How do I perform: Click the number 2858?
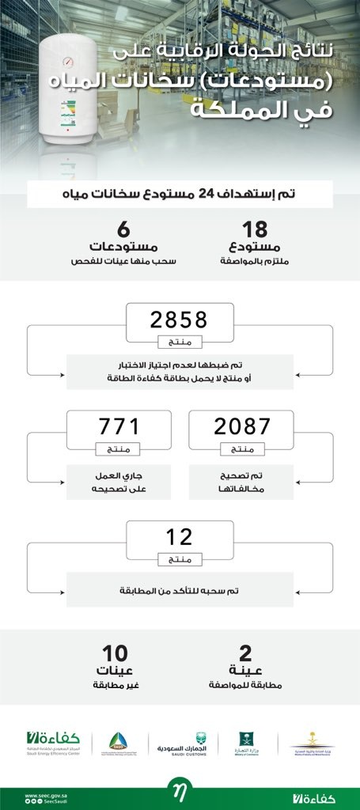coord(179,320)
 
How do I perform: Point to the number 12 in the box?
coord(179,536)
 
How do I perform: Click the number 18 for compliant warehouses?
coord(254,230)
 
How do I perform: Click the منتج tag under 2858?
coord(180,343)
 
